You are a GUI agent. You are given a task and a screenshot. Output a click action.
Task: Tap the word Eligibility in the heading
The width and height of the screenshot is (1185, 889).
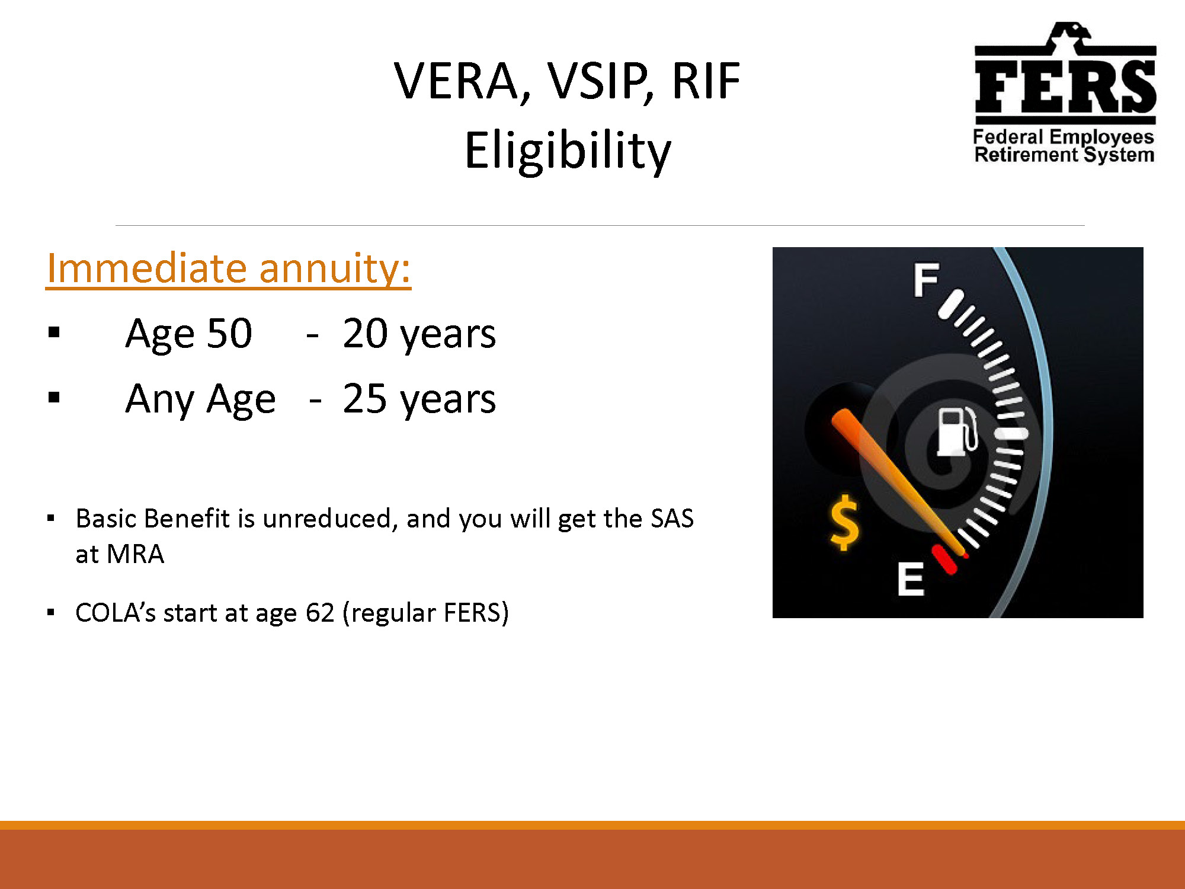(x=568, y=151)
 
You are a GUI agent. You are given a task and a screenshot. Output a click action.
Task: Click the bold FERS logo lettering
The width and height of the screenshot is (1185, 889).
(x=1065, y=87)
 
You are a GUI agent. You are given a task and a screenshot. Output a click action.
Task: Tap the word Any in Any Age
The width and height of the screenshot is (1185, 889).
(x=160, y=400)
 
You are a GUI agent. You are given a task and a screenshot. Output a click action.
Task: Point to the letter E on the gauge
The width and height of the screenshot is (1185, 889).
(x=910, y=579)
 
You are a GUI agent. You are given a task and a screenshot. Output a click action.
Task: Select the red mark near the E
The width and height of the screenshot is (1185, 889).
(x=944, y=559)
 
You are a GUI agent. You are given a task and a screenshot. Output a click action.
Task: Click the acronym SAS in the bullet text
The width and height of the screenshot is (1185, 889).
(x=672, y=519)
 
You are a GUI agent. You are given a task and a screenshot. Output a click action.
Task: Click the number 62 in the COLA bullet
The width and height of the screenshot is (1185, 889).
(x=321, y=613)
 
